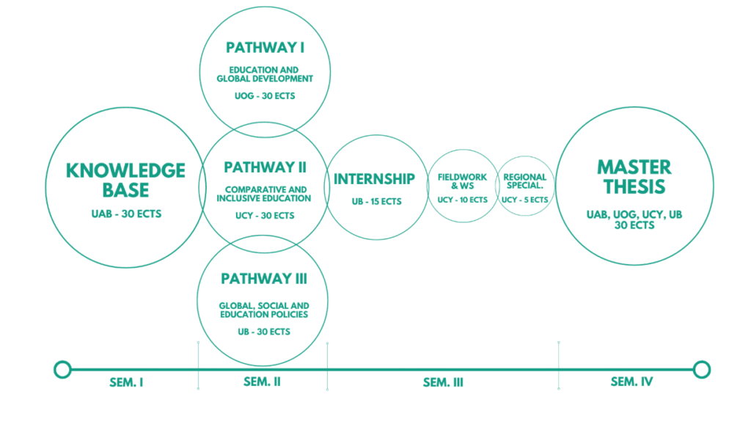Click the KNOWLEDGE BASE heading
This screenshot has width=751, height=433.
tap(125, 180)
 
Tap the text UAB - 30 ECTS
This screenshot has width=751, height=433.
tap(125, 214)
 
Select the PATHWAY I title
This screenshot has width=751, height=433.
tap(265, 48)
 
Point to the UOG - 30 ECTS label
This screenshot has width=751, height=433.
tap(265, 96)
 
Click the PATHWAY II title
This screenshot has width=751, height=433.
tap(265, 167)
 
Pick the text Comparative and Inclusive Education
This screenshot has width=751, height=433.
tap(264, 194)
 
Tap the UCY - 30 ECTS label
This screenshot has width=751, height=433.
tap(264, 216)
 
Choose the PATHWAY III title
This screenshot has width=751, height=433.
tap(263, 279)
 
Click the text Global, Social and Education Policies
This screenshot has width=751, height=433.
tap(263, 310)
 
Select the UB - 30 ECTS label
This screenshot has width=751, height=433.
tap(263, 332)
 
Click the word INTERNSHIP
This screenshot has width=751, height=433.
tap(374, 179)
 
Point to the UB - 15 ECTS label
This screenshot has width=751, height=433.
tap(375, 201)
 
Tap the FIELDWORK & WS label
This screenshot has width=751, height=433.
tap(462, 181)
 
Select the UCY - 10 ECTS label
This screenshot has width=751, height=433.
tap(463, 200)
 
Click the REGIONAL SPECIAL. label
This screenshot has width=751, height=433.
tap(525, 181)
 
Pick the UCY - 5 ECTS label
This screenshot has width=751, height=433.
tap(524, 200)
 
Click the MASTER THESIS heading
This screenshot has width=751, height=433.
tap(635, 176)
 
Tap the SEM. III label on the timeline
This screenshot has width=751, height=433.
tap(443, 382)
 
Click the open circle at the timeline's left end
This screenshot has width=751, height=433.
tap(63, 368)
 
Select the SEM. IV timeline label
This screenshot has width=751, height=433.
tap(631, 382)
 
